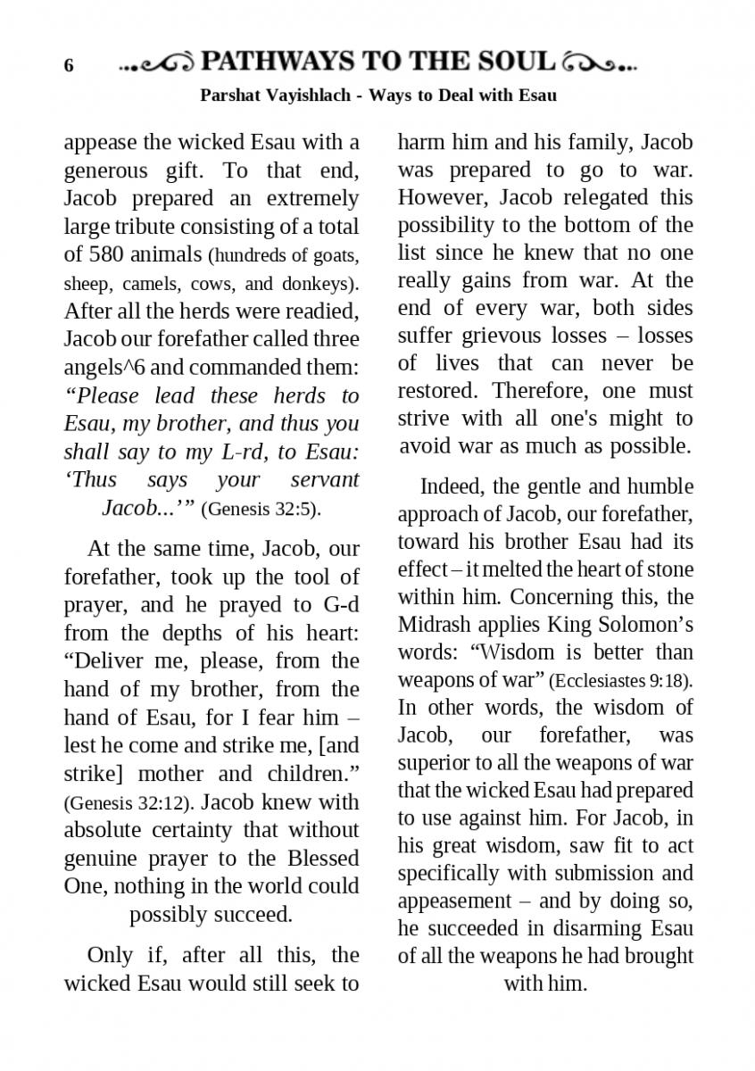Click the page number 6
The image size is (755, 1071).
pyautogui.click(x=69, y=66)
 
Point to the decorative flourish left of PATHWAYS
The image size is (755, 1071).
pyautogui.click(x=157, y=63)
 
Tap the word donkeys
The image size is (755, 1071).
pyautogui.click(x=318, y=284)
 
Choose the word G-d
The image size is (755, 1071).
pyautogui.click(x=340, y=605)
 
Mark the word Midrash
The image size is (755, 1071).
pyautogui.click(x=435, y=625)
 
